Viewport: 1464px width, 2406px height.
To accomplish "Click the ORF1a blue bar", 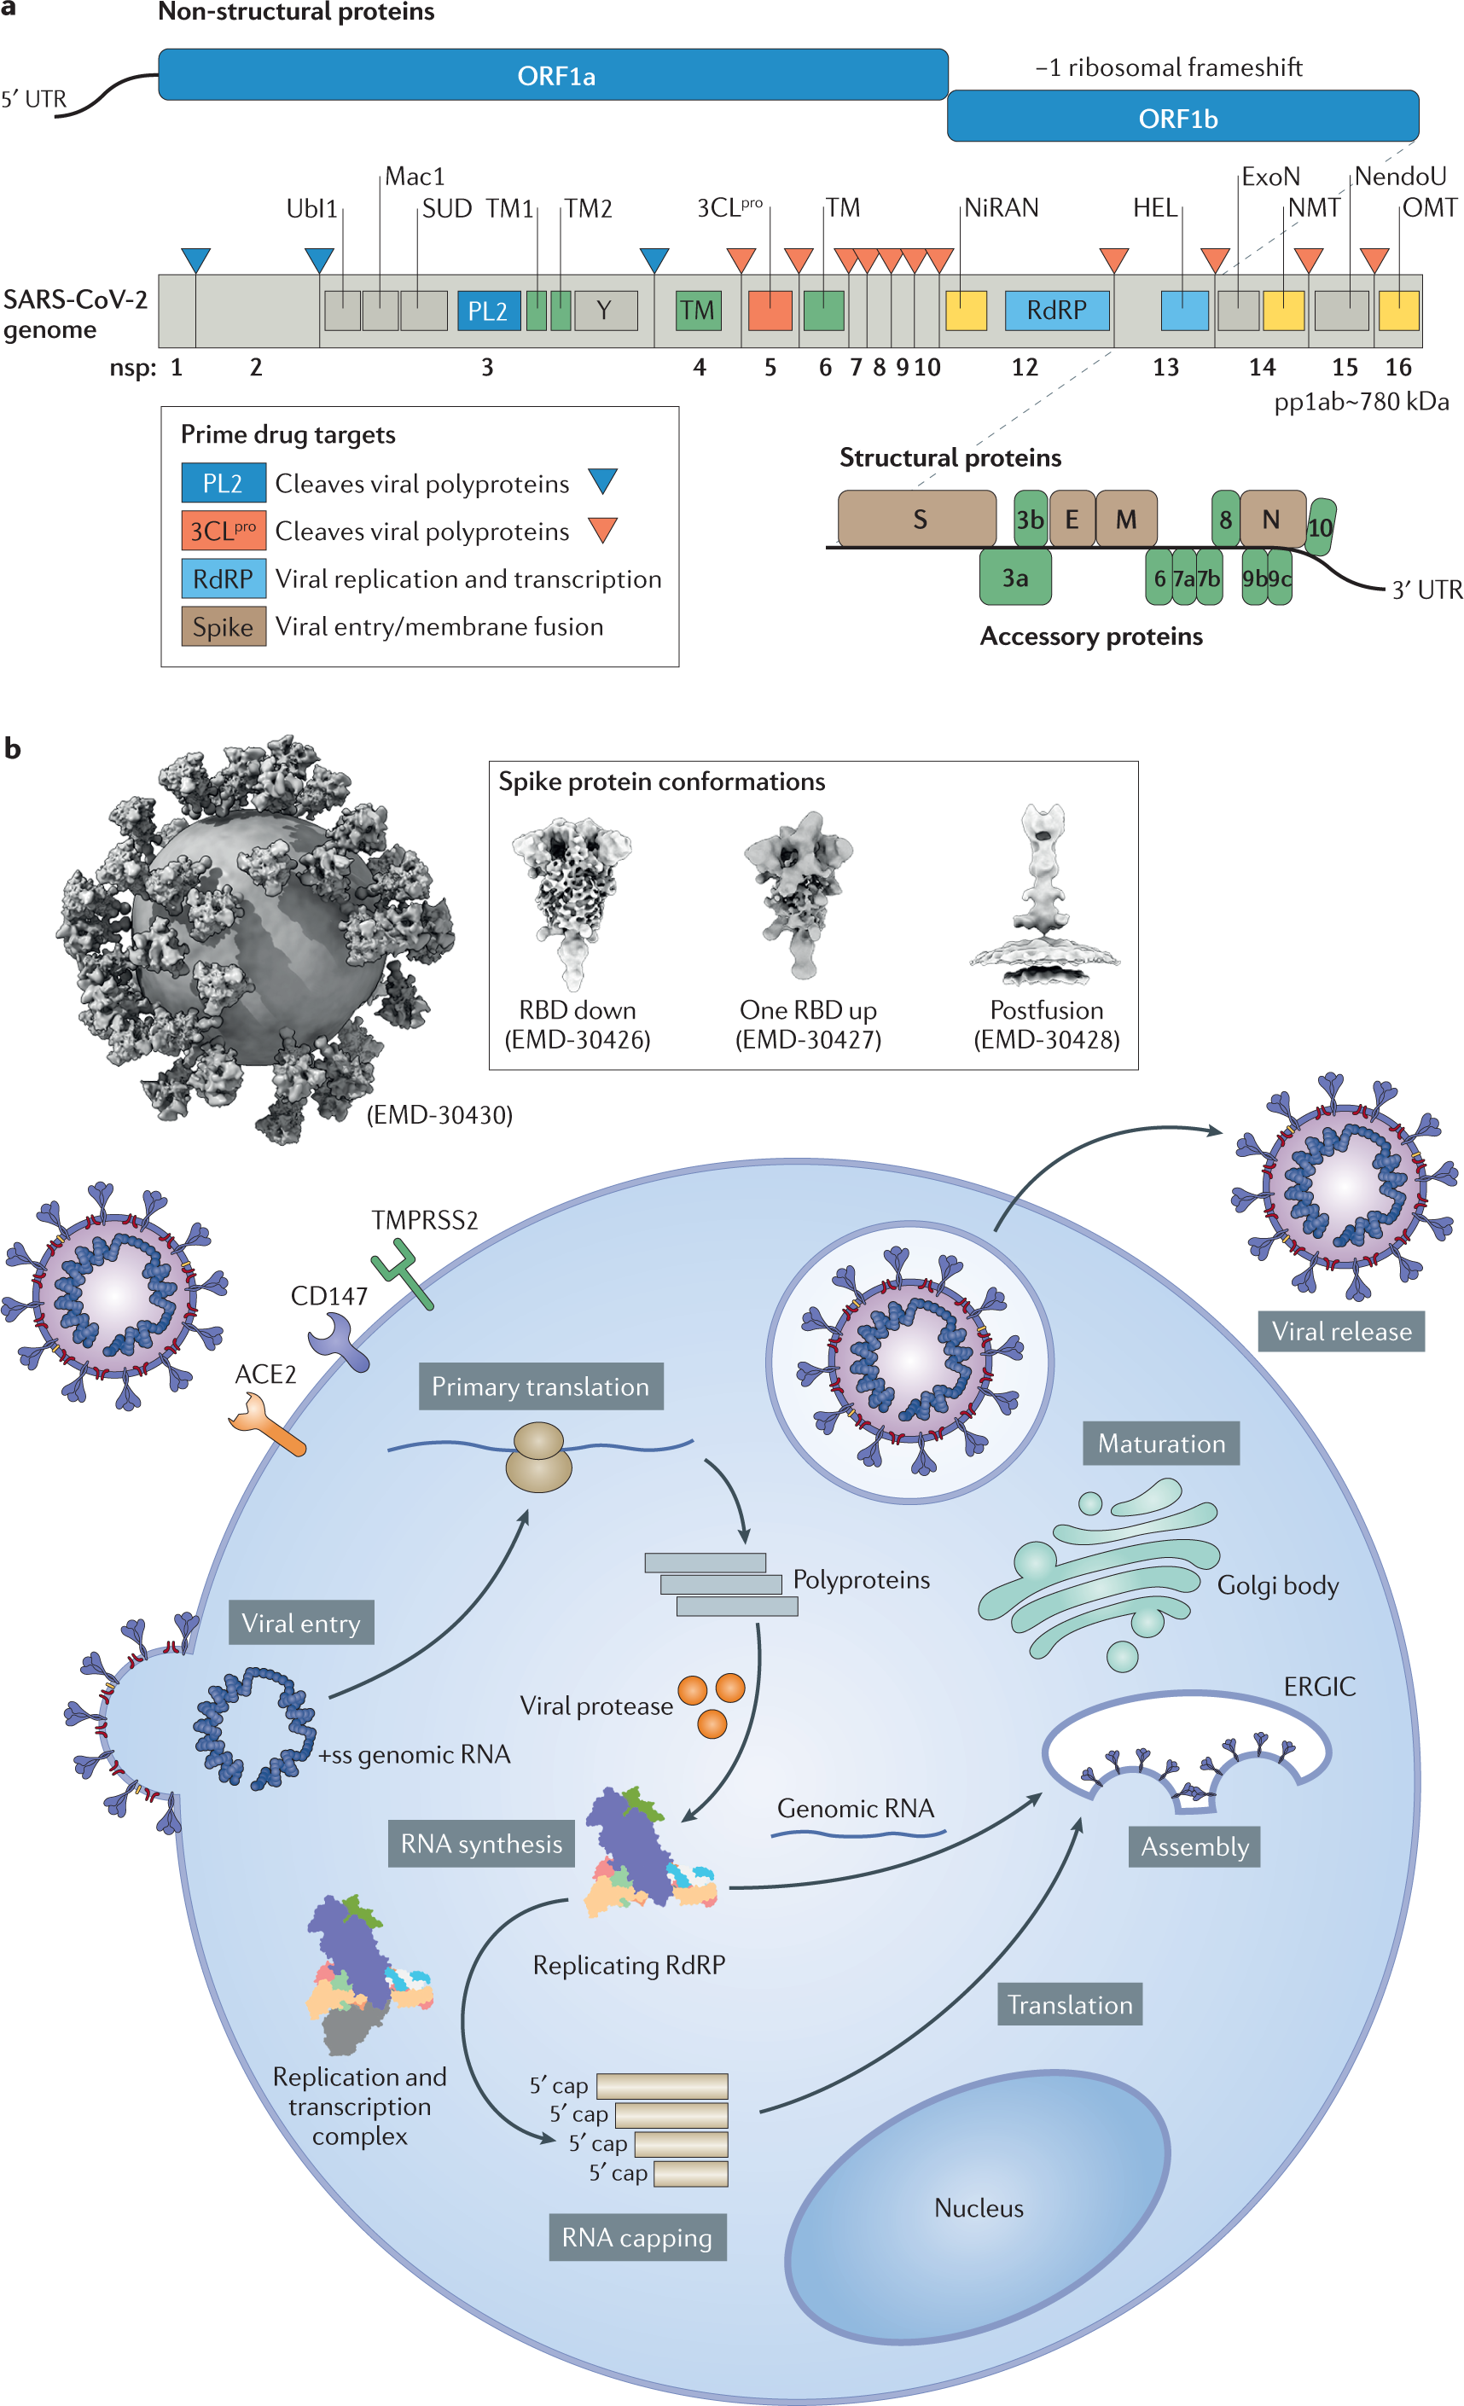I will pyautogui.click(x=554, y=75).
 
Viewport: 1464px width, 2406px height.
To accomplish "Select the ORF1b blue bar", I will pyautogui.click(x=1182, y=117).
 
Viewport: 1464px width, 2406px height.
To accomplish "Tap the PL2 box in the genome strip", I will pyautogui.click(x=488, y=311).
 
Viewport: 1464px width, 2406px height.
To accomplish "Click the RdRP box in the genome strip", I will pyautogui.click(x=1057, y=311).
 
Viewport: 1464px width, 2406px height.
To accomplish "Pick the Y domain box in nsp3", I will pyautogui.click(x=606, y=311).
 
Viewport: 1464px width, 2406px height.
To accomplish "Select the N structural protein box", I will pyautogui.click(x=1271, y=519).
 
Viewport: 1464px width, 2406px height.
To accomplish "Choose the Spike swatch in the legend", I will pyautogui.click(x=223, y=627).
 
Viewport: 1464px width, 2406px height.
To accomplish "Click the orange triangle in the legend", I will pyautogui.click(x=603, y=529).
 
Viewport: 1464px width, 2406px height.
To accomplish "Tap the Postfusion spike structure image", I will pyautogui.click(x=1045, y=893).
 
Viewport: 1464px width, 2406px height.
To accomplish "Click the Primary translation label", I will pyautogui.click(x=540, y=1386).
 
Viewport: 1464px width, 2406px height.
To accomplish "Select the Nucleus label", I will pyautogui.click(x=979, y=2208).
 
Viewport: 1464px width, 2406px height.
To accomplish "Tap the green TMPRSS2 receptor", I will pyautogui.click(x=404, y=1272).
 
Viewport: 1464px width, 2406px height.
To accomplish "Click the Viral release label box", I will pyautogui.click(x=1341, y=1331).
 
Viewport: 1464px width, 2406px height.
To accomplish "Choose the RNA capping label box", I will pyautogui.click(x=636, y=2237).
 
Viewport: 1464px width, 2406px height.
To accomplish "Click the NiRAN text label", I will pyautogui.click(x=1001, y=208).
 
